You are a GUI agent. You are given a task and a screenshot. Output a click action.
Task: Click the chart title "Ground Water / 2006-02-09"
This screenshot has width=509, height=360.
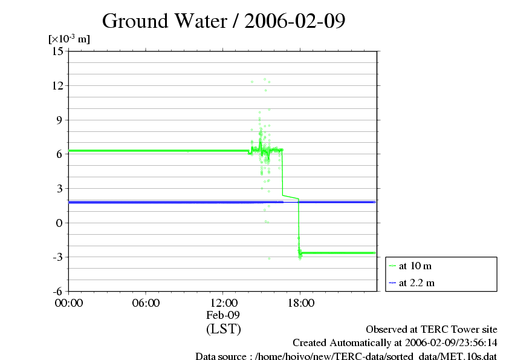tap(224, 21)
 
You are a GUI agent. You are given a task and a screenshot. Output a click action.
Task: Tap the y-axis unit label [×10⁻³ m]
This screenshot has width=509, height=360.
tap(69, 39)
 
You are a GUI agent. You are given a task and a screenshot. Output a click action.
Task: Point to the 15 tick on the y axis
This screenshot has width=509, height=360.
tap(58, 51)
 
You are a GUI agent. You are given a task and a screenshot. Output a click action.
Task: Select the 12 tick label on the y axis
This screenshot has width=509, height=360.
tap(58, 85)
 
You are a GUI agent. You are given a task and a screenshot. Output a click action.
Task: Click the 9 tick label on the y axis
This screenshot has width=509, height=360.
tap(60, 120)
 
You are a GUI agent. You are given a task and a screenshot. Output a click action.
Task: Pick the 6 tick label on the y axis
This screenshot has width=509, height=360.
tap(60, 154)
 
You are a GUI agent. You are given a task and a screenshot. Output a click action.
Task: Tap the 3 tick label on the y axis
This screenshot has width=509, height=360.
tap(60, 189)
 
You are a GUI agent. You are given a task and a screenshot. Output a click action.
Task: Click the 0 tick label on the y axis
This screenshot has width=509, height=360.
tap(60, 223)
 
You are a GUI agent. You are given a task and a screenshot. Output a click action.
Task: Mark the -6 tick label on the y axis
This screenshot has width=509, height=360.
tap(59, 292)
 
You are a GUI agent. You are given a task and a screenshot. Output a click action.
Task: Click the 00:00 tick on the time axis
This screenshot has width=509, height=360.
tap(69, 303)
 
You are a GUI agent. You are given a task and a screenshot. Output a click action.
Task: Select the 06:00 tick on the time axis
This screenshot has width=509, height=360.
tap(146, 303)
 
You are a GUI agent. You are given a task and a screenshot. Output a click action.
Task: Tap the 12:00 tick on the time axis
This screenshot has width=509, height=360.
tap(223, 303)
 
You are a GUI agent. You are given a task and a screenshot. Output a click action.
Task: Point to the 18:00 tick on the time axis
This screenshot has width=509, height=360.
tap(300, 303)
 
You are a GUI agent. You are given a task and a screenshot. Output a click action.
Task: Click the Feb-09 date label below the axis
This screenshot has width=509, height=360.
tap(223, 315)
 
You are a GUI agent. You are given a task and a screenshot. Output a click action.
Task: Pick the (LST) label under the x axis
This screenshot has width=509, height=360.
tap(223, 329)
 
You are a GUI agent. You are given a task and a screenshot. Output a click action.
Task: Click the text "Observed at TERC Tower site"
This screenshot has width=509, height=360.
tap(432, 330)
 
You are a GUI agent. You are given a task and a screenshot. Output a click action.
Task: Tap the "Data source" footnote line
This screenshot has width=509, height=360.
tap(346, 356)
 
